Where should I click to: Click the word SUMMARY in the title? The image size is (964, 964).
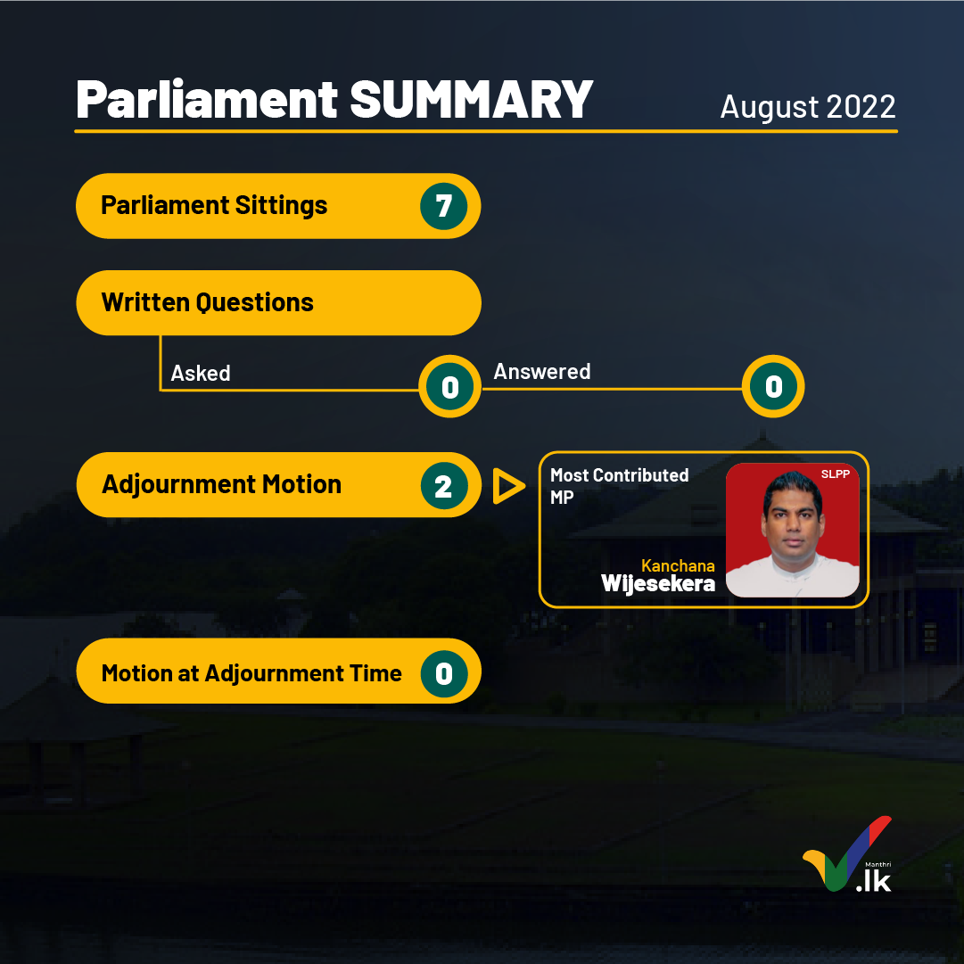[471, 100]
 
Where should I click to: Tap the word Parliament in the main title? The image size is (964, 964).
[207, 100]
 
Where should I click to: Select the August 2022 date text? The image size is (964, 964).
[808, 107]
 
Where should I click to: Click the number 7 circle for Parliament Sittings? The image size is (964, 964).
[444, 206]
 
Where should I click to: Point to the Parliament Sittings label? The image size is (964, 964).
[214, 205]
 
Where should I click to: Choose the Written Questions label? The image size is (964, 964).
[207, 302]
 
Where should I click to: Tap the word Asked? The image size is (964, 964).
[201, 373]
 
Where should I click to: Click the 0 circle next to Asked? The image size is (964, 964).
[450, 387]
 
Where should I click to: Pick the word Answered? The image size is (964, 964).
[541, 371]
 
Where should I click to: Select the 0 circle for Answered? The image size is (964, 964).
[773, 387]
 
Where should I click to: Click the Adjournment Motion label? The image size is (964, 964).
[221, 484]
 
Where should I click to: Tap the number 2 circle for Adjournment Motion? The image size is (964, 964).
[444, 486]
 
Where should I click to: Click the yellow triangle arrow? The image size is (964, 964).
[507, 486]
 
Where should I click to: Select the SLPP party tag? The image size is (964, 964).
[835, 474]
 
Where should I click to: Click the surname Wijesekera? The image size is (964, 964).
[658, 584]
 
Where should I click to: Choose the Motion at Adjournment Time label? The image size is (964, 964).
[251, 673]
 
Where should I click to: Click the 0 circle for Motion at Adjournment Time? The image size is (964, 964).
[444, 674]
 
